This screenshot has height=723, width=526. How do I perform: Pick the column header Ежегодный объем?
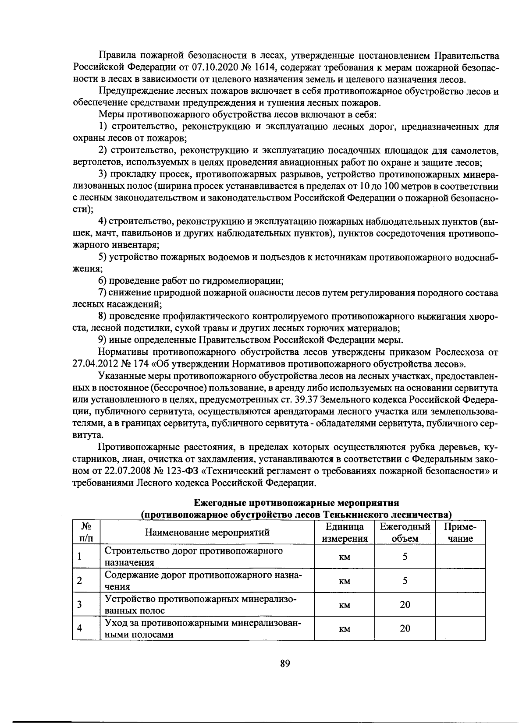click(405, 533)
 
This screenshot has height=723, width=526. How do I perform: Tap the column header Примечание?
click(460, 533)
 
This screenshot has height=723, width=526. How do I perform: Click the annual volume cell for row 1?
click(405, 557)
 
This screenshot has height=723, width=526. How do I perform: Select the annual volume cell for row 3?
click(405, 605)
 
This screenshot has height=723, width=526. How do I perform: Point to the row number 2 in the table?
click(79, 581)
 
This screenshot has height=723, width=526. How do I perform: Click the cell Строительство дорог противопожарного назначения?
click(193, 557)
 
